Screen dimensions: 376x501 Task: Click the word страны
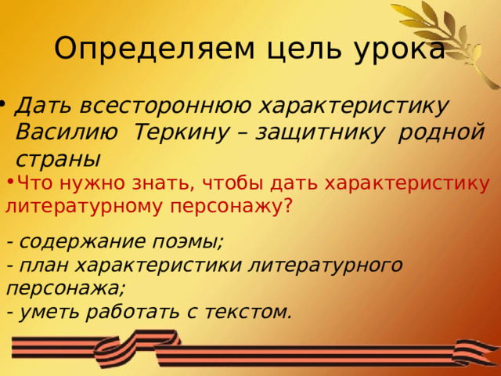point(57,157)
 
